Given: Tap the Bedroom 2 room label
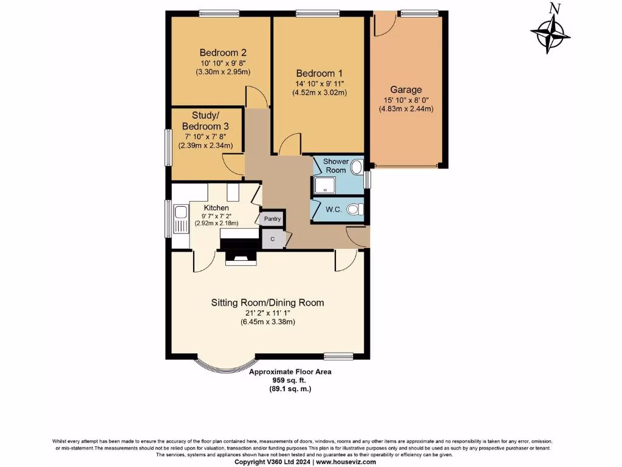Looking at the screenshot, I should coord(223,52).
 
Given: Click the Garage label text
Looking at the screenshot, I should coord(406,89).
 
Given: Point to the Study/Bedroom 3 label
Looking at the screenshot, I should coord(205,120).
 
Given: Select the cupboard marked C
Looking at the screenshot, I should coord(273,239).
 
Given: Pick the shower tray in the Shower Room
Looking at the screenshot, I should coord(324,184).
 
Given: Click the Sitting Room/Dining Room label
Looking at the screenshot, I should coord(267,302).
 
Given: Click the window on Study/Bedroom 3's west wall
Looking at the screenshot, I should coord(168,146).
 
